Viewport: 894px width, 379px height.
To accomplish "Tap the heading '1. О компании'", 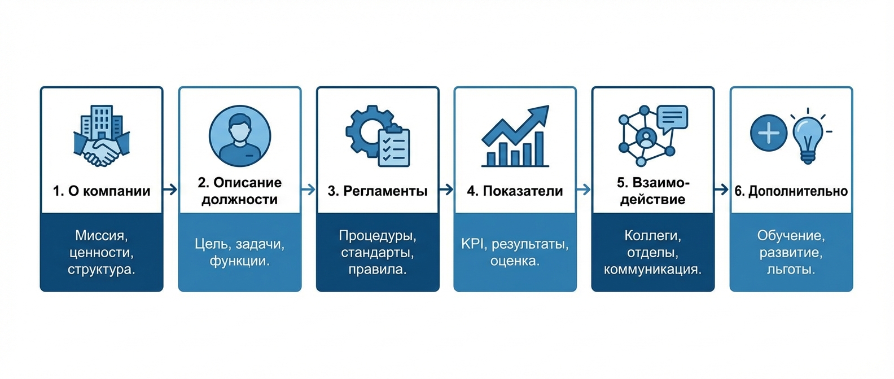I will pos(102,191).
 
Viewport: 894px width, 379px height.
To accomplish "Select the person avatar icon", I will pos(240,135).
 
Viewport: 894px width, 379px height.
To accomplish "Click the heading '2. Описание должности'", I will pos(240,191).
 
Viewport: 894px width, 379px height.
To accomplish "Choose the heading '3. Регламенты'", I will pos(378,191).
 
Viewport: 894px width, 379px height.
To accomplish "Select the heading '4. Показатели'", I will pos(515,191).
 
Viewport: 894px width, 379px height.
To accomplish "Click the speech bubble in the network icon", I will pos(672,118).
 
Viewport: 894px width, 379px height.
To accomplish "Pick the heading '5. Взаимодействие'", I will pos(653,191).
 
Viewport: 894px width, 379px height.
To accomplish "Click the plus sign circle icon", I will pos(769,134).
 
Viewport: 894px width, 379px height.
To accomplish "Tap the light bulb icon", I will pos(808,137).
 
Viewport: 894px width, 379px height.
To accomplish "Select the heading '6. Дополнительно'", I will pos(791,191).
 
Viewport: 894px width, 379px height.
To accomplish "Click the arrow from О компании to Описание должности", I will pos(170,189).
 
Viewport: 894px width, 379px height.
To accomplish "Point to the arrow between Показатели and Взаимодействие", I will pos(584,189).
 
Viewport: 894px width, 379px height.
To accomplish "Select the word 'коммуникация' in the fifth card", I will pos(652,269).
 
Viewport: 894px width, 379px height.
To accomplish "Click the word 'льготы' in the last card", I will pos(790,269).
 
